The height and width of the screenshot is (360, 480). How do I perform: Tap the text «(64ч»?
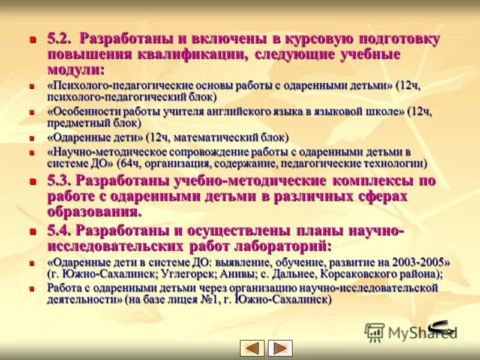(128, 163)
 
